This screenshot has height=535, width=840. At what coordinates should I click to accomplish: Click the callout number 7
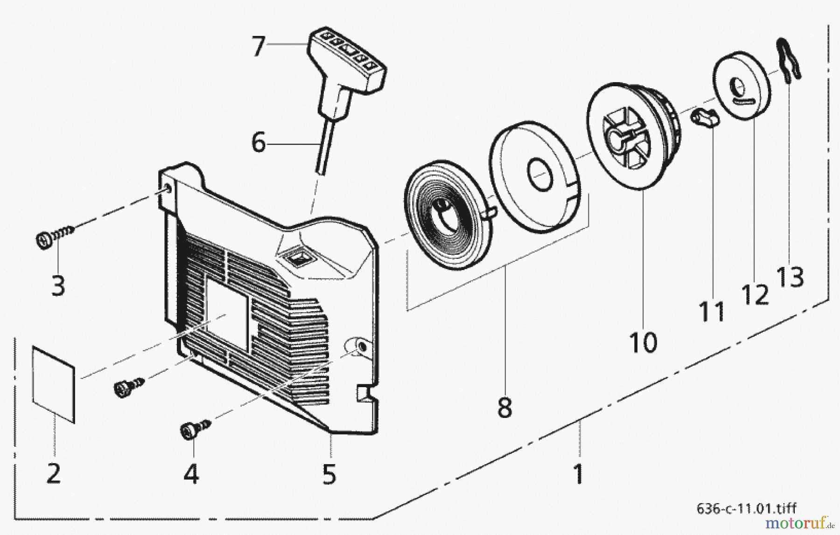258,46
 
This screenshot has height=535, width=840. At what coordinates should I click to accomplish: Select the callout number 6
258,142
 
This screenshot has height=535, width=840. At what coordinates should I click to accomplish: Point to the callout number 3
58,285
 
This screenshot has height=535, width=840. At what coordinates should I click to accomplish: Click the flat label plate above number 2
53,383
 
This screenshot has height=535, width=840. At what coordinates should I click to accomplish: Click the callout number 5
329,474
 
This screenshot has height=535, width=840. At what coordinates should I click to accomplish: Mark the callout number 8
504,407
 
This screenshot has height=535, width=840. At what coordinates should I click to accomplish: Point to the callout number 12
755,294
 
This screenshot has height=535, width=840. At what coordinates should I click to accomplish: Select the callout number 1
578,474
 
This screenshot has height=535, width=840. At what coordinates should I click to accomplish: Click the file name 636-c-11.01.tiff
746,507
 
